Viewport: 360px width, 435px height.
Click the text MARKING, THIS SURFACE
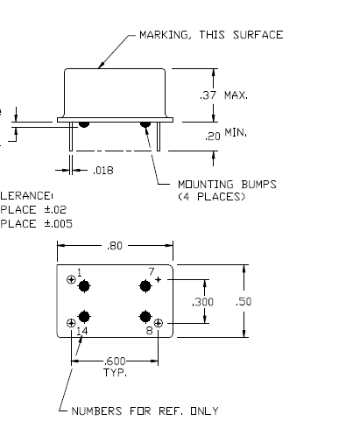pos(211,36)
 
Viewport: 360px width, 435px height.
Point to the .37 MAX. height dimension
pos(225,95)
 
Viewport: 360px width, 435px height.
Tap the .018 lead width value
pos(103,170)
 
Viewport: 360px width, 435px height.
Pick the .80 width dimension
pos(115,246)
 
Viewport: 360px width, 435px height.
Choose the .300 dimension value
pos(203,301)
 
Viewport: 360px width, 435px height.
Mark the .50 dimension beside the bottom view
pos(246,301)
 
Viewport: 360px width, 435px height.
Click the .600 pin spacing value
pos(115,360)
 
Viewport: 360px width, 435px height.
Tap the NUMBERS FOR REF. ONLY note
pos(145,410)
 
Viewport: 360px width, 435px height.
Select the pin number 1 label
pos(80,272)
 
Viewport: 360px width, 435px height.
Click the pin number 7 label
pos(150,272)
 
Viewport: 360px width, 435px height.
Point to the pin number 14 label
pos(82,331)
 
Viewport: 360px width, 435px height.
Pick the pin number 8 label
pos(150,331)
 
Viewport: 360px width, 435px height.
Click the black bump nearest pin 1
pos(85,285)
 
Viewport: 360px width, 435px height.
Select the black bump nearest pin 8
pos(145,316)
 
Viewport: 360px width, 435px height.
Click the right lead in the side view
pos(152,140)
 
